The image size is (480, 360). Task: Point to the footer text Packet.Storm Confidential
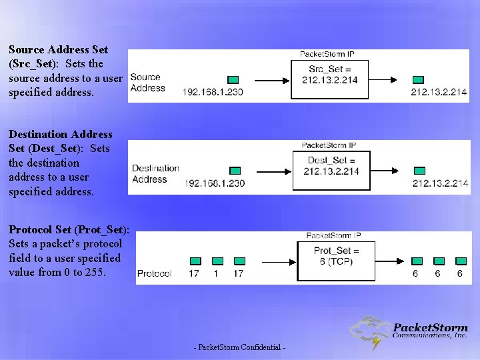pos(239,348)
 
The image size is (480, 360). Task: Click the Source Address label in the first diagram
pos(146,83)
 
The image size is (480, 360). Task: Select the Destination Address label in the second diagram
pos(155,173)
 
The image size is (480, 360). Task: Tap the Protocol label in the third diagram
pos(154,273)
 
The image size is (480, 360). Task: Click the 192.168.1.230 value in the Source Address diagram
pos(213,92)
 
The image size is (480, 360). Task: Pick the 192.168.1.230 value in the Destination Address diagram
pos(215,183)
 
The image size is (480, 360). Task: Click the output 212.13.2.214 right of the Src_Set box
pos(439,92)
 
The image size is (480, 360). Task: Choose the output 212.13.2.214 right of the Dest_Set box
pos(440,183)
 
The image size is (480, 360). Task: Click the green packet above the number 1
pos(217,261)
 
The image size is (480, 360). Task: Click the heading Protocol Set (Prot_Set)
pos(69,230)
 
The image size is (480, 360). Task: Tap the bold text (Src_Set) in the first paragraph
pos(33,64)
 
